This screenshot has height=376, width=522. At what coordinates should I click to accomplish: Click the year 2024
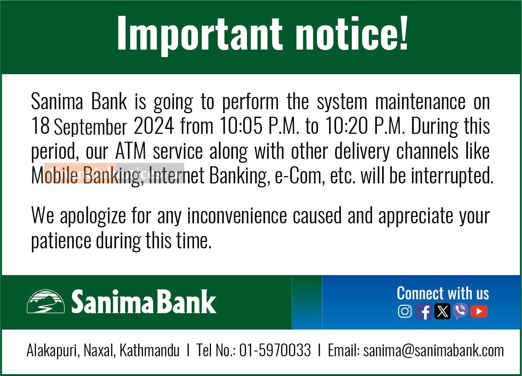point(154,126)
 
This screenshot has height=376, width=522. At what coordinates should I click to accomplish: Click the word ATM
point(131,151)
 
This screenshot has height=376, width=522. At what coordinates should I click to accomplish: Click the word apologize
point(93,216)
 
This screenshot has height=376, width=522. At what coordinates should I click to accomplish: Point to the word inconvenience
point(237,215)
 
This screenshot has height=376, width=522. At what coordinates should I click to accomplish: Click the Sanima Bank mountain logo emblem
point(46,301)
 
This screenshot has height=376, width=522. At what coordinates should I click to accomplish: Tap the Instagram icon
point(405,312)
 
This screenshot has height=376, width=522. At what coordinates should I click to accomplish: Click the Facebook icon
point(424,312)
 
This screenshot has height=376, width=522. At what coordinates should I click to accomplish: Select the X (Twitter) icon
point(442,312)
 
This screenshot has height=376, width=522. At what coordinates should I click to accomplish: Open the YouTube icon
point(479,312)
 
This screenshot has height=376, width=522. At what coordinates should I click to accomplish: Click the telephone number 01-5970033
point(275,351)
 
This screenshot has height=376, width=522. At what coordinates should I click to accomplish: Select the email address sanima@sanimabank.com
point(433,351)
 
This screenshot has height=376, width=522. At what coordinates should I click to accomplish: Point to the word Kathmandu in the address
point(149,351)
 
